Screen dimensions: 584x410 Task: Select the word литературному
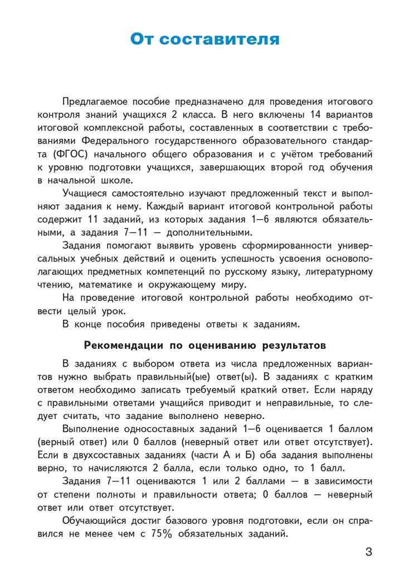coord(335,270)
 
